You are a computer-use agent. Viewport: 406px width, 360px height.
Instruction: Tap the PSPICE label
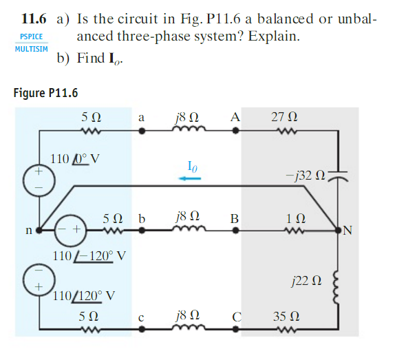click(x=31, y=36)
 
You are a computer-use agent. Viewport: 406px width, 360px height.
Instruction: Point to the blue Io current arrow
click(x=191, y=178)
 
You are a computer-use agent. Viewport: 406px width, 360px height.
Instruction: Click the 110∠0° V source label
click(x=77, y=159)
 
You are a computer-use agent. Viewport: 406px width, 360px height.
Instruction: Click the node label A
click(x=235, y=117)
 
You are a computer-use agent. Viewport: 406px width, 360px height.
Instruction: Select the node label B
click(x=235, y=219)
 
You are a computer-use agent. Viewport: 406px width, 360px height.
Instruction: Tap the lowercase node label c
click(x=141, y=317)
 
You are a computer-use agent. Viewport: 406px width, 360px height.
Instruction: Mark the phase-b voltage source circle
click(x=70, y=229)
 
